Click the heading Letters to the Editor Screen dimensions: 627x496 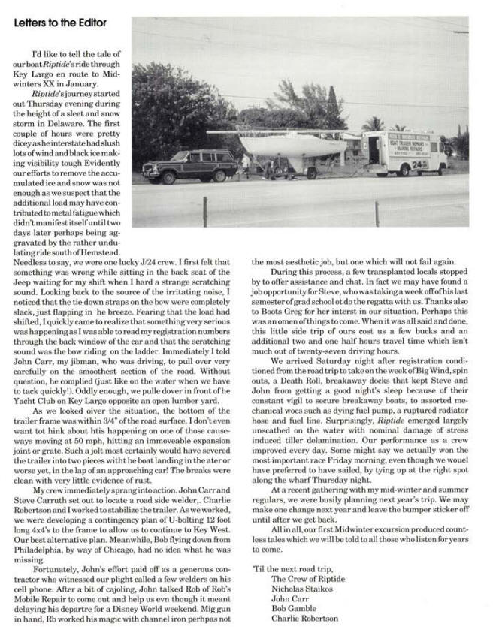click(x=61, y=23)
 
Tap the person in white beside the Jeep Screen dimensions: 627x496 click(x=246, y=164)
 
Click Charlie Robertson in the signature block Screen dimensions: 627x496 click(x=304, y=619)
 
